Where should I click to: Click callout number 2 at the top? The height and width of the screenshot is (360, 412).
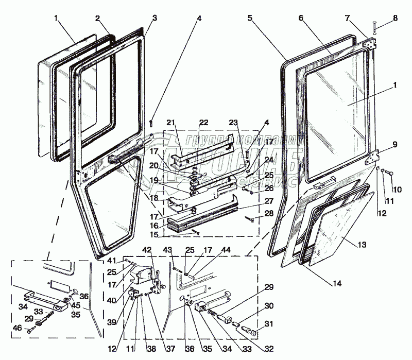pyautogui.click(x=97, y=19)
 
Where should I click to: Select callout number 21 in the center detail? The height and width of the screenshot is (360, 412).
pyautogui.click(x=171, y=123)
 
